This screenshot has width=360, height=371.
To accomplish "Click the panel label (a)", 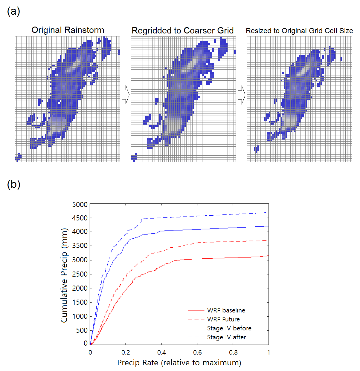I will (x=13, y=11).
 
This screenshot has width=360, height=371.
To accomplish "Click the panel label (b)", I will (x=13, y=184).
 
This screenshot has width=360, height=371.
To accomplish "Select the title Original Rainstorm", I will (x=68, y=30).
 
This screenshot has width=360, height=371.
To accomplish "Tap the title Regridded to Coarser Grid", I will (x=182, y=30).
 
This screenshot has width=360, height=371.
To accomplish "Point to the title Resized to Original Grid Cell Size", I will (x=299, y=31).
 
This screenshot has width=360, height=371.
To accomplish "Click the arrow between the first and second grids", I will (x=126, y=95).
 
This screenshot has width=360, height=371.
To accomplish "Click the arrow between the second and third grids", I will (x=242, y=95).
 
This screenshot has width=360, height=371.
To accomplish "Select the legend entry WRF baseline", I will (x=226, y=310).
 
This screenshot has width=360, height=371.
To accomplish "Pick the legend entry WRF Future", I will (x=223, y=319).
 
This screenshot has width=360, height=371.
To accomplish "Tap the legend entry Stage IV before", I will (x=229, y=328).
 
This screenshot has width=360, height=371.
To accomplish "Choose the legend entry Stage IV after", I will (x=226, y=337).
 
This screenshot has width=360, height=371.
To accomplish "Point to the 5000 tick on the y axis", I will (x=80, y=205).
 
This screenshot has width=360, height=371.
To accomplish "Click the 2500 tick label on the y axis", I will (x=80, y=274).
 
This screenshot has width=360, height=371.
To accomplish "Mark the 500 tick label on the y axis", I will (x=82, y=330).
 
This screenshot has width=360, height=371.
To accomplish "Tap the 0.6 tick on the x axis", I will (x=197, y=352).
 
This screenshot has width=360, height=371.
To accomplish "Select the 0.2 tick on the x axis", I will (x=126, y=352).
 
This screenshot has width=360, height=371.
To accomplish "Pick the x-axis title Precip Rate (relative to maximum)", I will (x=179, y=363).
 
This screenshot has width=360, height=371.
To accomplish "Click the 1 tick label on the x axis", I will (x=269, y=352).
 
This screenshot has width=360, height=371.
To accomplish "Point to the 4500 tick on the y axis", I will (x=80, y=218).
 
